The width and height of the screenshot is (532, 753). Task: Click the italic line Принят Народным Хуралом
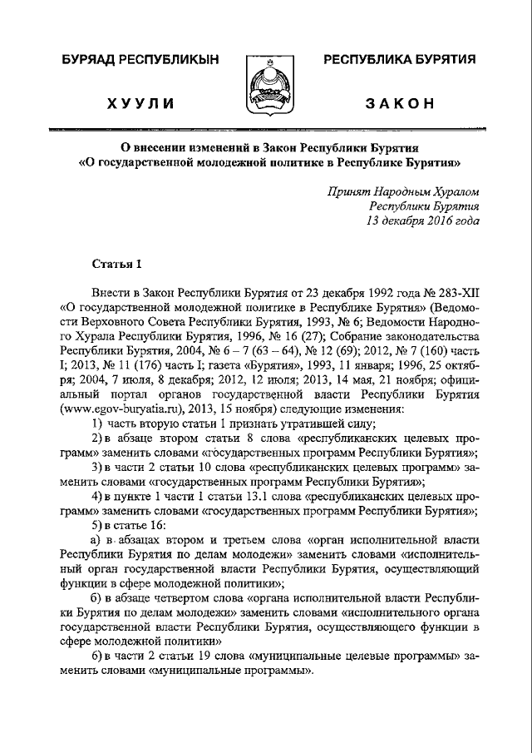click(403, 191)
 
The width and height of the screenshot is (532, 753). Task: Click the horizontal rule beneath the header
click(266, 131)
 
